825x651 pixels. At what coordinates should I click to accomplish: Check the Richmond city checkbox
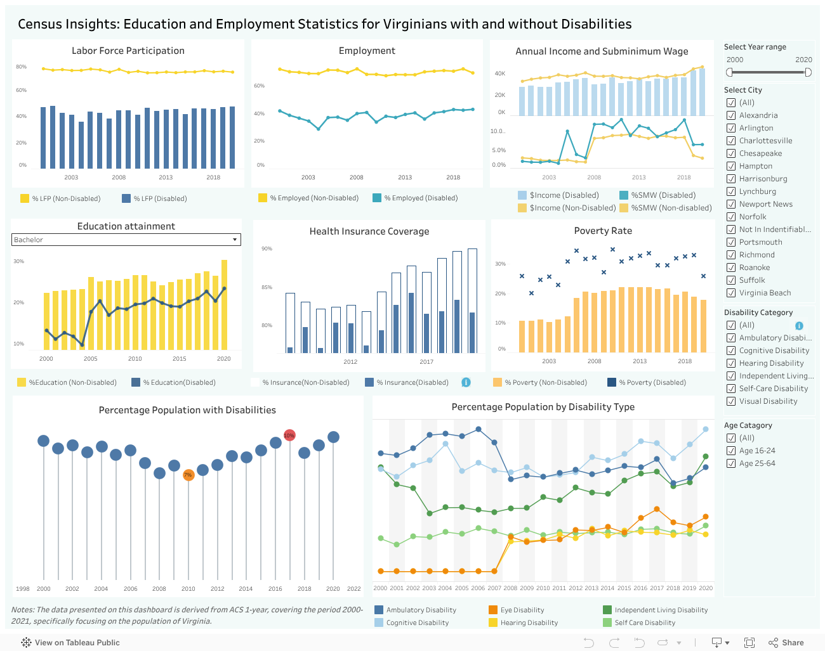[x=731, y=255]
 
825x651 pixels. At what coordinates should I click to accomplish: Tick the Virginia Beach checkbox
[x=731, y=293]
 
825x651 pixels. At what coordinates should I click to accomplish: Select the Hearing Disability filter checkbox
[x=731, y=363]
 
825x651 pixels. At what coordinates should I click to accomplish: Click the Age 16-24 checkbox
[x=731, y=451]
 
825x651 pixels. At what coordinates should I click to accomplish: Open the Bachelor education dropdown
[x=235, y=240]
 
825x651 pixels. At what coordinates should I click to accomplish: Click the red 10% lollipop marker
[x=289, y=435]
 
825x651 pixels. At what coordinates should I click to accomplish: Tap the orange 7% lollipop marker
[x=188, y=475]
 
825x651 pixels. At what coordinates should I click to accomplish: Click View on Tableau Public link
[x=70, y=643]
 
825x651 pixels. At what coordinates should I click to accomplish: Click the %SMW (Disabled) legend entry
[x=663, y=195]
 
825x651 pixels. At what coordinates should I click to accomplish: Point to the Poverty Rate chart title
[x=603, y=231]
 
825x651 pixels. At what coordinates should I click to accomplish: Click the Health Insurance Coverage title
[x=369, y=231]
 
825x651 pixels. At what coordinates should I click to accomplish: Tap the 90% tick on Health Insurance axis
[x=267, y=248]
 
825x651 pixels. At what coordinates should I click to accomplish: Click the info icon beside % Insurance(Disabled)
[x=466, y=382]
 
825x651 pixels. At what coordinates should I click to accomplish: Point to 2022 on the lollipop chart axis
[x=353, y=589]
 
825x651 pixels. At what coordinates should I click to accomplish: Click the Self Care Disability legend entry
[x=644, y=622]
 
